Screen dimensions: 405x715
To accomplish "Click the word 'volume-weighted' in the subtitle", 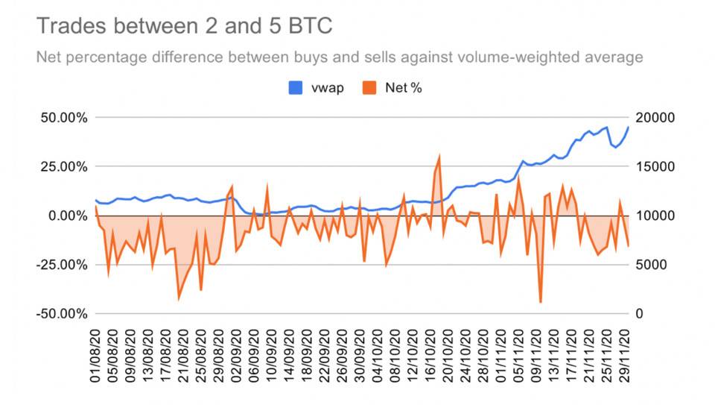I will click(x=498, y=57).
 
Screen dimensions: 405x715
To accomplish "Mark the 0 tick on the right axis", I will click(x=639, y=313).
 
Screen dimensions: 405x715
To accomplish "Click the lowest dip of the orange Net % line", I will click(x=541, y=302).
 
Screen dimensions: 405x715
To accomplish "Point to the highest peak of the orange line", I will click(x=439, y=156).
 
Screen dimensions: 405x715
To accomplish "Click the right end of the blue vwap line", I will click(x=629, y=126).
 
